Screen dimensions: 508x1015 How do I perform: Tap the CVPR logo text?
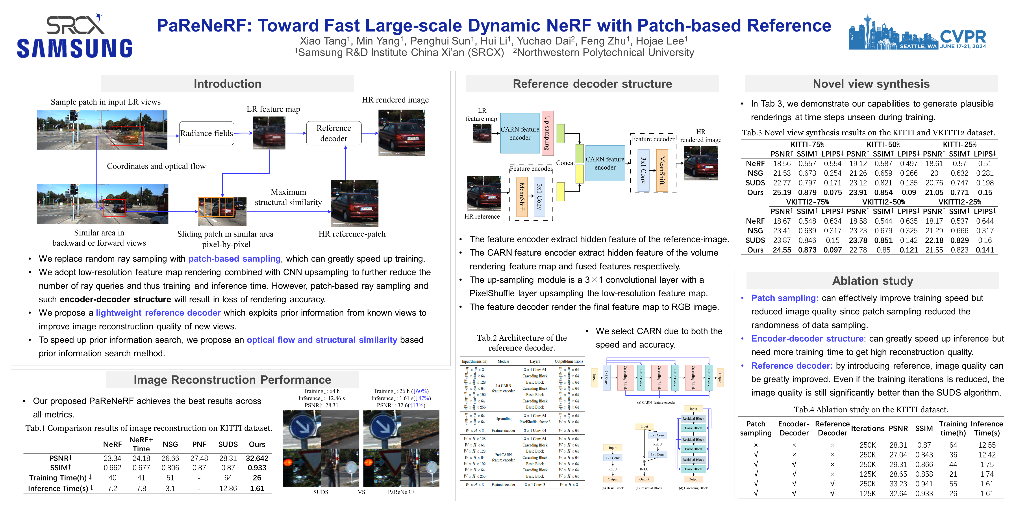(x=963, y=37)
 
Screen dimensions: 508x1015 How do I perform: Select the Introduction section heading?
(x=227, y=84)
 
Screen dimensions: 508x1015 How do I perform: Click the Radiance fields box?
(x=206, y=133)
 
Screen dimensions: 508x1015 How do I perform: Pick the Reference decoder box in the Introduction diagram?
(x=334, y=133)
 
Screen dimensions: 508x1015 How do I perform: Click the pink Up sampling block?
(x=547, y=133)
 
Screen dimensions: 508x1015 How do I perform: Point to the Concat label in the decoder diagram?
(x=565, y=163)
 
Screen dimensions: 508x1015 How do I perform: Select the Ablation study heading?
(x=872, y=281)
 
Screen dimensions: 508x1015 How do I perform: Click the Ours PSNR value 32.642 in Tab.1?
(x=257, y=458)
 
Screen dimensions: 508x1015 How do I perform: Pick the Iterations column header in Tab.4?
(x=867, y=429)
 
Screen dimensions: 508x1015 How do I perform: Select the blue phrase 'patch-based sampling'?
(x=234, y=259)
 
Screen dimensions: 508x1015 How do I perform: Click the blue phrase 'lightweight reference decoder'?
(x=158, y=313)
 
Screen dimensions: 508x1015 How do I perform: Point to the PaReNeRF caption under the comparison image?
(x=401, y=492)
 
